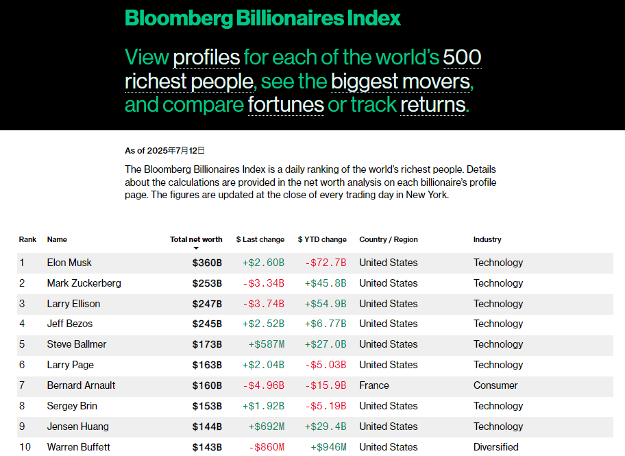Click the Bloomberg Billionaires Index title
pos(262,19)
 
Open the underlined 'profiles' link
pos(206,57)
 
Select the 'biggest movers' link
pos(401,81)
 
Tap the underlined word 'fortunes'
pos(286,105)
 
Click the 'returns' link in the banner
pos(432,105)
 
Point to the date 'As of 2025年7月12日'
pos(164,150)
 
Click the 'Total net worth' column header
pos(196,240)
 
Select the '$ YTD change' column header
pos(322,240)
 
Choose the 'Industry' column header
pos(487,240)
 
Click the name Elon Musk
pos(69,263)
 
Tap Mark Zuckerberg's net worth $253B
pos(207,283)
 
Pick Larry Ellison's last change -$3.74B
pos(263,304)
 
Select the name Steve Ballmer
pos(77,344)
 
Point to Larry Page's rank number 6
pos(22,365)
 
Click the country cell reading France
pos(374,385)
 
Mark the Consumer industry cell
pos(495,385)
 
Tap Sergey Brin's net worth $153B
pos(207,406)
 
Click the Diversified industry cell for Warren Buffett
pos(496,447)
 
